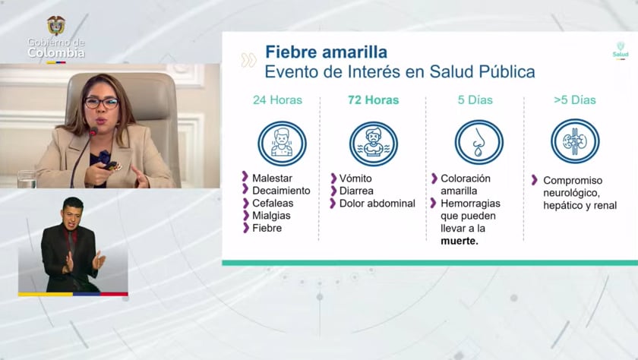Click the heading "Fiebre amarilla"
(x=326, y=52)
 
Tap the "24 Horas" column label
(x=277, y=100)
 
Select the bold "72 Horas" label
(x=373, y=100)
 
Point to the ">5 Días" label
(x=575, y=100)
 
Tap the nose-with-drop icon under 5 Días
(x=478, y=143)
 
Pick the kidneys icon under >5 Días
(x=574, y=141)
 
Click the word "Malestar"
(x=273, y=178)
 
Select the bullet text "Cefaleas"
(x=273, y=203)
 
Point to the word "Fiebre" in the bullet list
(x=268, y=227)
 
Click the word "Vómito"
(x=355, y=178)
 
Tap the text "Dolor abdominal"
(x=377, y=204)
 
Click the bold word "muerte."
(x=460, y=241)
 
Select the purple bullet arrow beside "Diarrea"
(x=333, y=191)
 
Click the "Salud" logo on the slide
(x=621, y=50)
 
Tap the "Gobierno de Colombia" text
(x=56, y=48)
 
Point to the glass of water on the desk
(x=27, y=178)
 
